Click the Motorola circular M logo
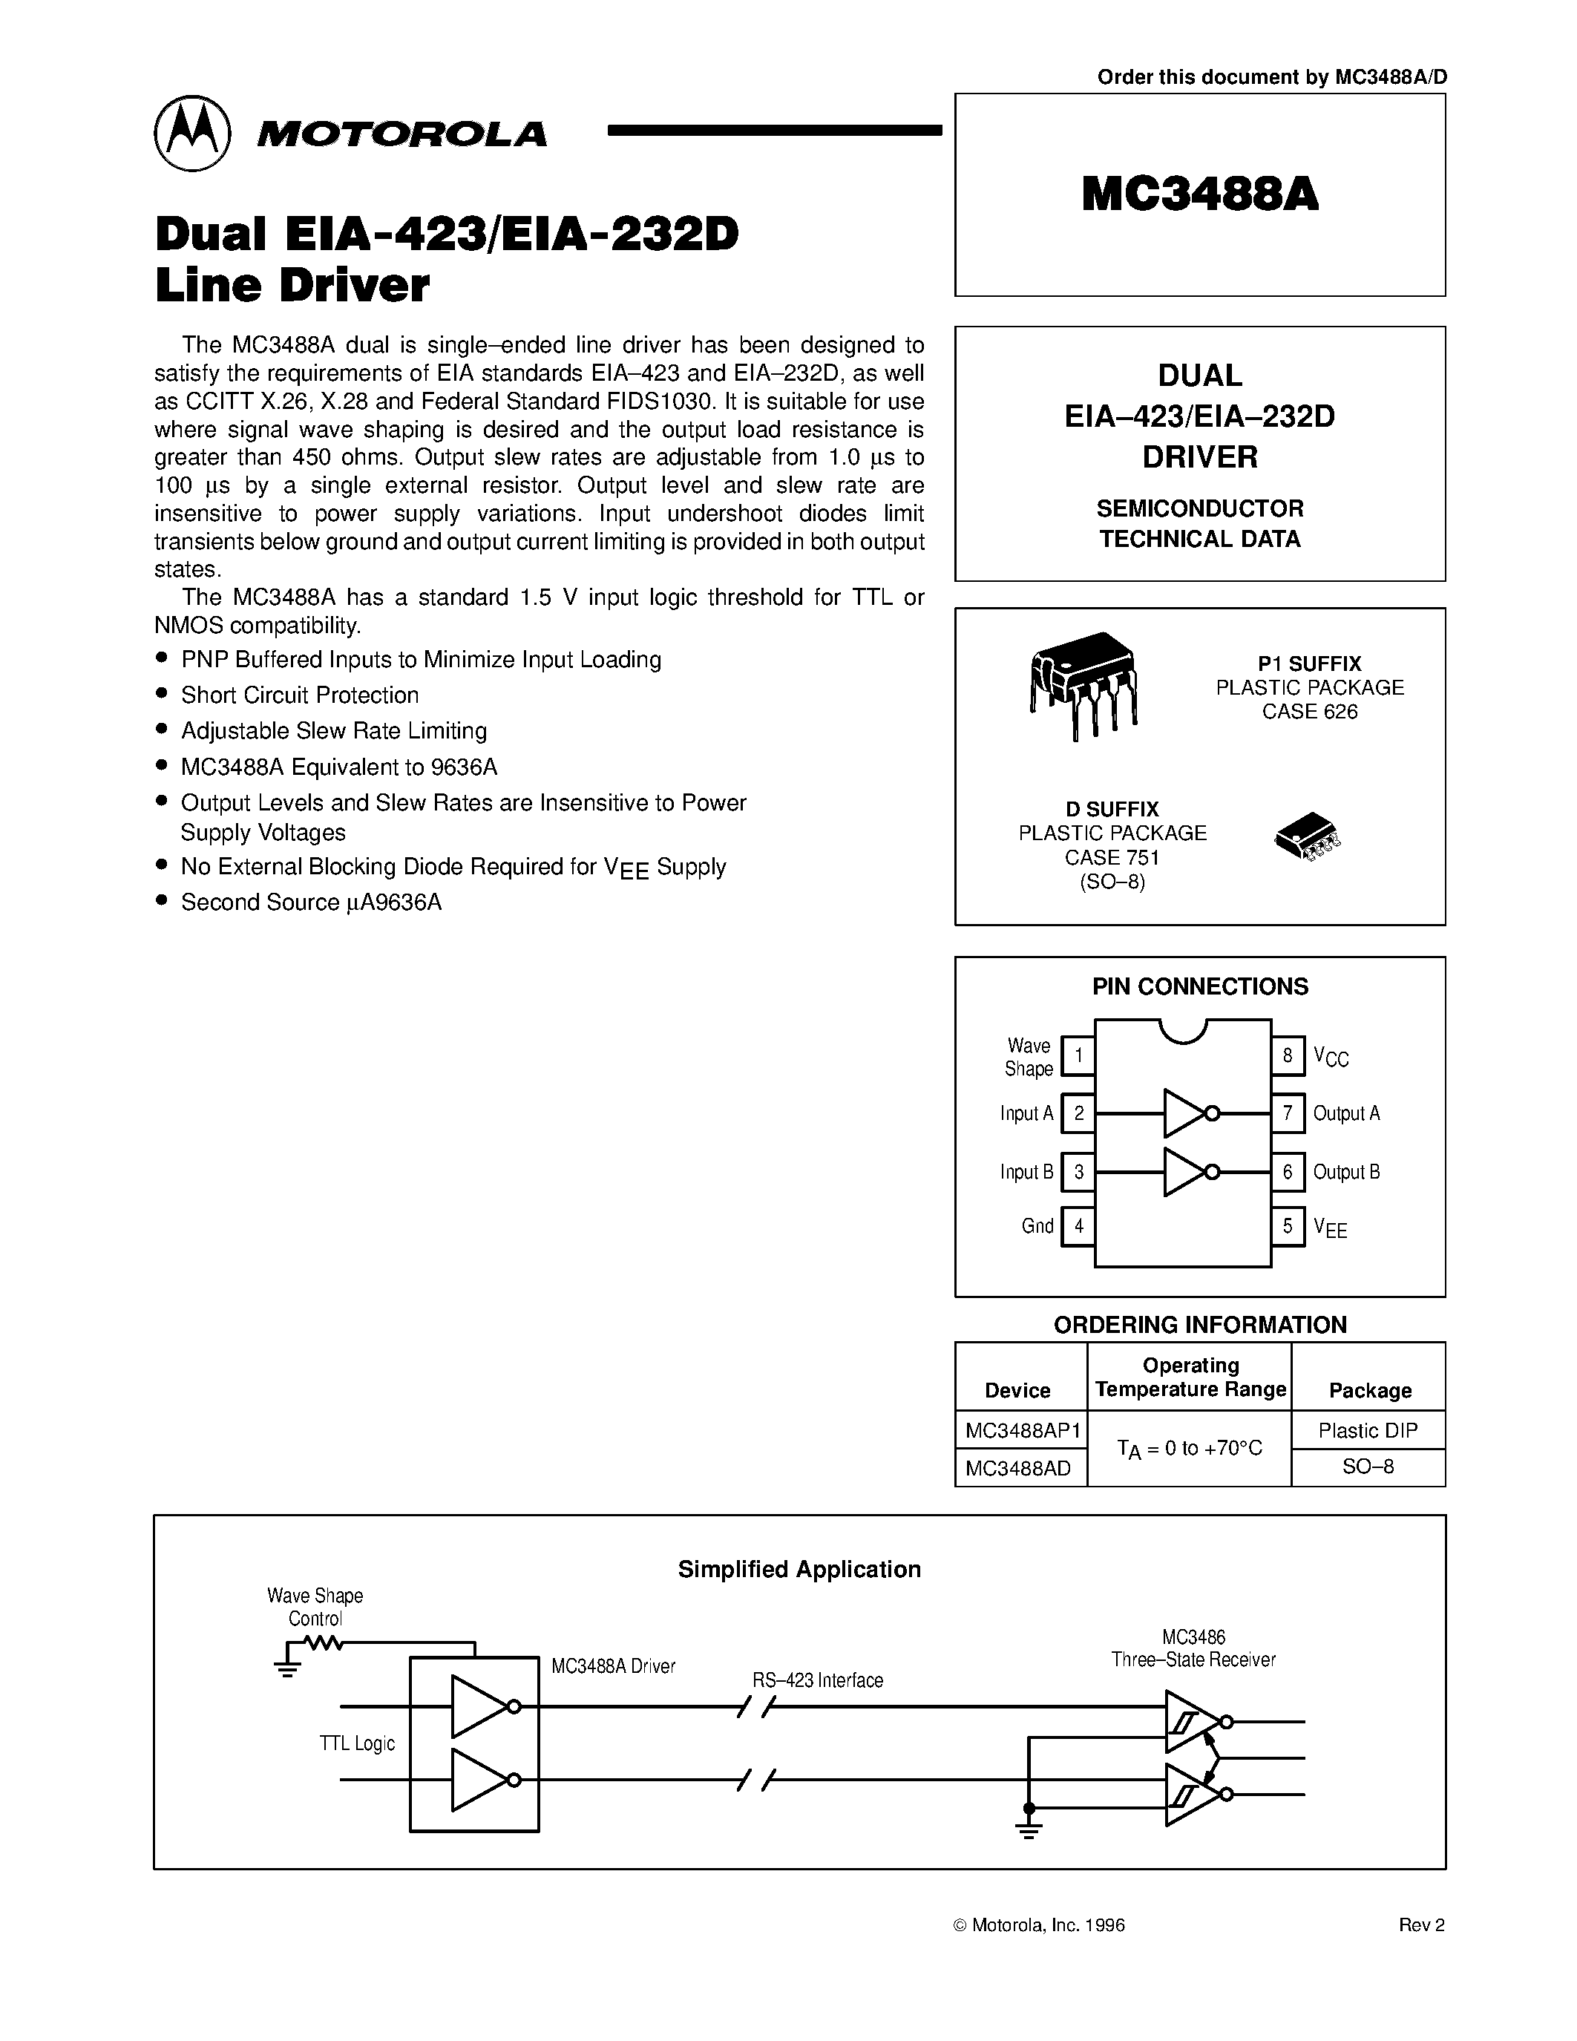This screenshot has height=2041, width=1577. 191,134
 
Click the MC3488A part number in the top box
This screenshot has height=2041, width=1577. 1199,195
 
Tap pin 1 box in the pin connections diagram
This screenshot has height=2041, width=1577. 1078,1056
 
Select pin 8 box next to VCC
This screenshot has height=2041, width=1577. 1288,1056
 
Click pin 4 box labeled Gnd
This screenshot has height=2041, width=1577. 1078,1226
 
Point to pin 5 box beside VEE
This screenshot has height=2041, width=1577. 1288,1226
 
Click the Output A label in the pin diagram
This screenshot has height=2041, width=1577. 1346,1113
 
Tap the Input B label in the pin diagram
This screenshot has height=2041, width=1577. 1026,1172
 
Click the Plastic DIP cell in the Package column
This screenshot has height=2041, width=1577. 1368,1431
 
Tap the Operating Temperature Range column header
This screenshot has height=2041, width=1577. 1190,1377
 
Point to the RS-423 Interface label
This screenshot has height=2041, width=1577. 818,1680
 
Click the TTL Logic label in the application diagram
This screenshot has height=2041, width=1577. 357,1744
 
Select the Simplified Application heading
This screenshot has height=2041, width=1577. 799,1569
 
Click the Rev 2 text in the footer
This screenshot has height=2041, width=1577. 1421,1924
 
